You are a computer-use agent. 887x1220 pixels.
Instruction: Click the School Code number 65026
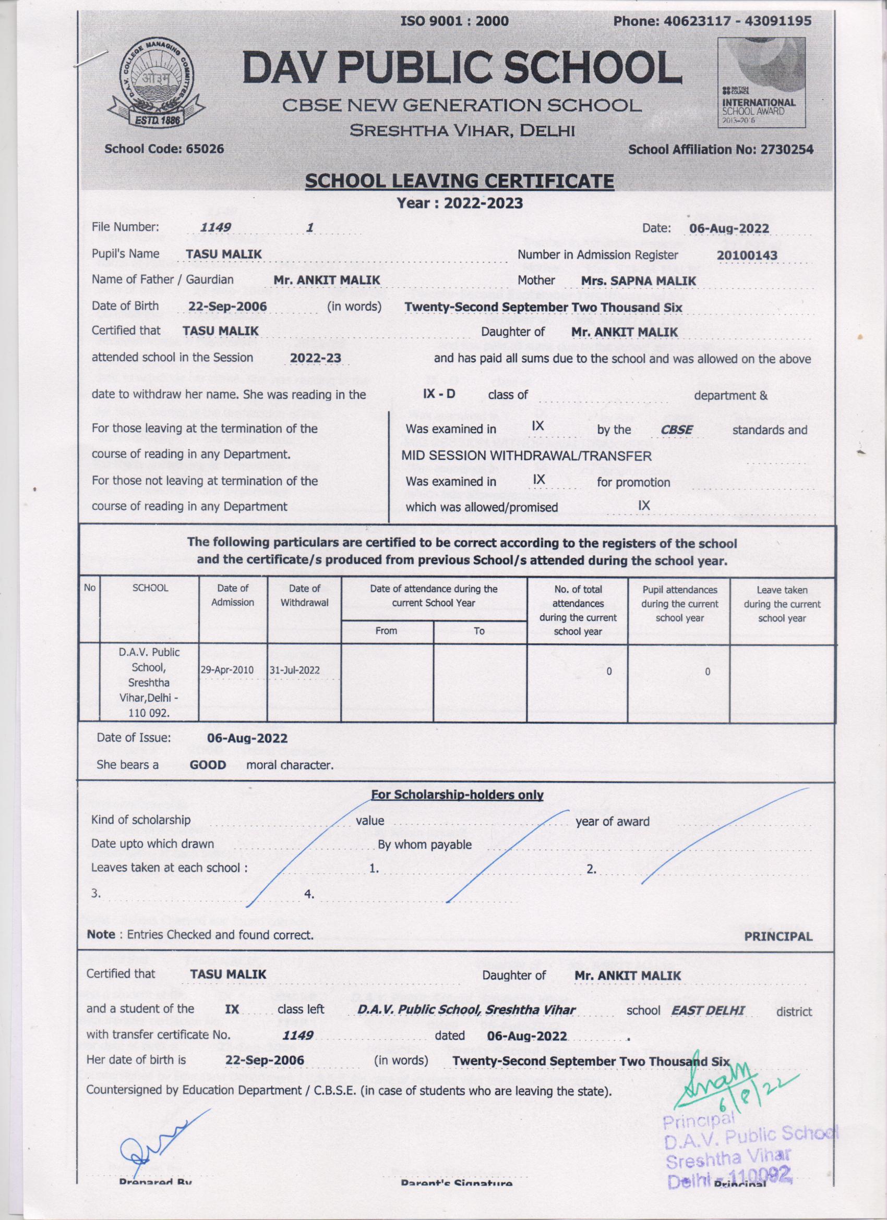point(201,149)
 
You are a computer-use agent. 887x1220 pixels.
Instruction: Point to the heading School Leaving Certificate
point(459,181)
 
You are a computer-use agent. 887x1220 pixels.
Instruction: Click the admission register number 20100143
point(747,255)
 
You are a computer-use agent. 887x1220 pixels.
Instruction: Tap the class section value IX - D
point(439,394)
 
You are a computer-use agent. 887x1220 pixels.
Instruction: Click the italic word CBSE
point(677,430)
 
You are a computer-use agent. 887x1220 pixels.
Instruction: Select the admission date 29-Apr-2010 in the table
point(233,671)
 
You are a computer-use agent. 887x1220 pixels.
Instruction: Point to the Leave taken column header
point(782,604)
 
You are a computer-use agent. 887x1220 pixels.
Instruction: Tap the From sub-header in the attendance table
point(387,630)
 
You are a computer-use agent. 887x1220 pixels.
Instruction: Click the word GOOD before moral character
point(208,764)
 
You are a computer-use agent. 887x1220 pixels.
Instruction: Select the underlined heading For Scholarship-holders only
point(457,795)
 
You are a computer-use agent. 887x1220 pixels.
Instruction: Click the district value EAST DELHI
point(707,1010)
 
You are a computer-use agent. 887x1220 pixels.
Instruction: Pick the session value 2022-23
point(315,359)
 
